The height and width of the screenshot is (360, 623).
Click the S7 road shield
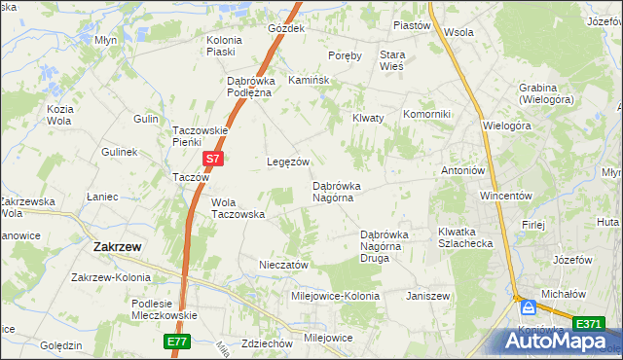213,157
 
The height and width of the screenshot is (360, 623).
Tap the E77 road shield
175,342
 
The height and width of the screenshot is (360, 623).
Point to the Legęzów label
288,162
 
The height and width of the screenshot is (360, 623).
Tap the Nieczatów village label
283,265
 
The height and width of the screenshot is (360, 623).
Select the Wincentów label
504,196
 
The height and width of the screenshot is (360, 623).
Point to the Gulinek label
120,153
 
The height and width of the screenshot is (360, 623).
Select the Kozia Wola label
60,115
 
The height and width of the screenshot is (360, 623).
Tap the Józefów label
572,260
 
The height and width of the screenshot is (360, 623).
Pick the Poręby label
346,55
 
